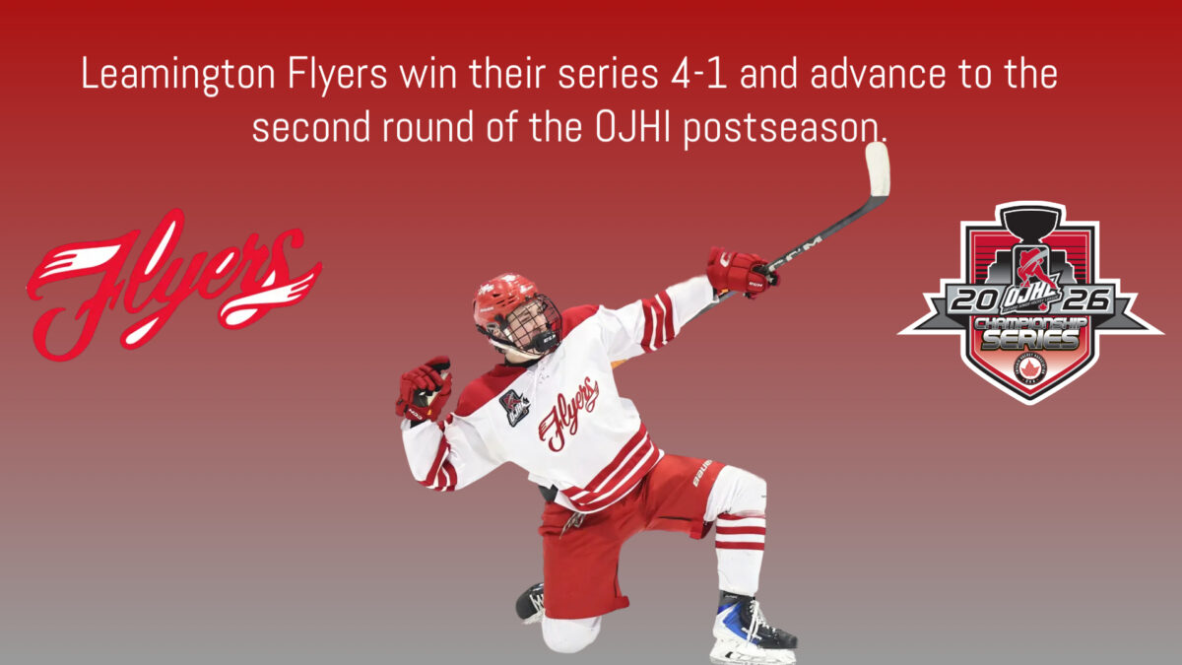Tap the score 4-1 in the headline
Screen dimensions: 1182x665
[698, 74]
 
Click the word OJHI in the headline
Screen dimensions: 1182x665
[632, 127]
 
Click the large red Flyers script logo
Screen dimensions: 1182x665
[173, 286]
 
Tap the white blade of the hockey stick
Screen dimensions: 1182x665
[878, 168]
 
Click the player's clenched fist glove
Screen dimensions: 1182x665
[424, 389]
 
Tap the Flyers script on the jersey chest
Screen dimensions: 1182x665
[568, 414]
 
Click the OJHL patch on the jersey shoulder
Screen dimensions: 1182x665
[513, 407]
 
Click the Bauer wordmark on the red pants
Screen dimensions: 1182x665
[702, 473]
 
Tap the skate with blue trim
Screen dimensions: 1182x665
[753, 630]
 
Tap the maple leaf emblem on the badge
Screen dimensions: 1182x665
[1029, 368]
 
